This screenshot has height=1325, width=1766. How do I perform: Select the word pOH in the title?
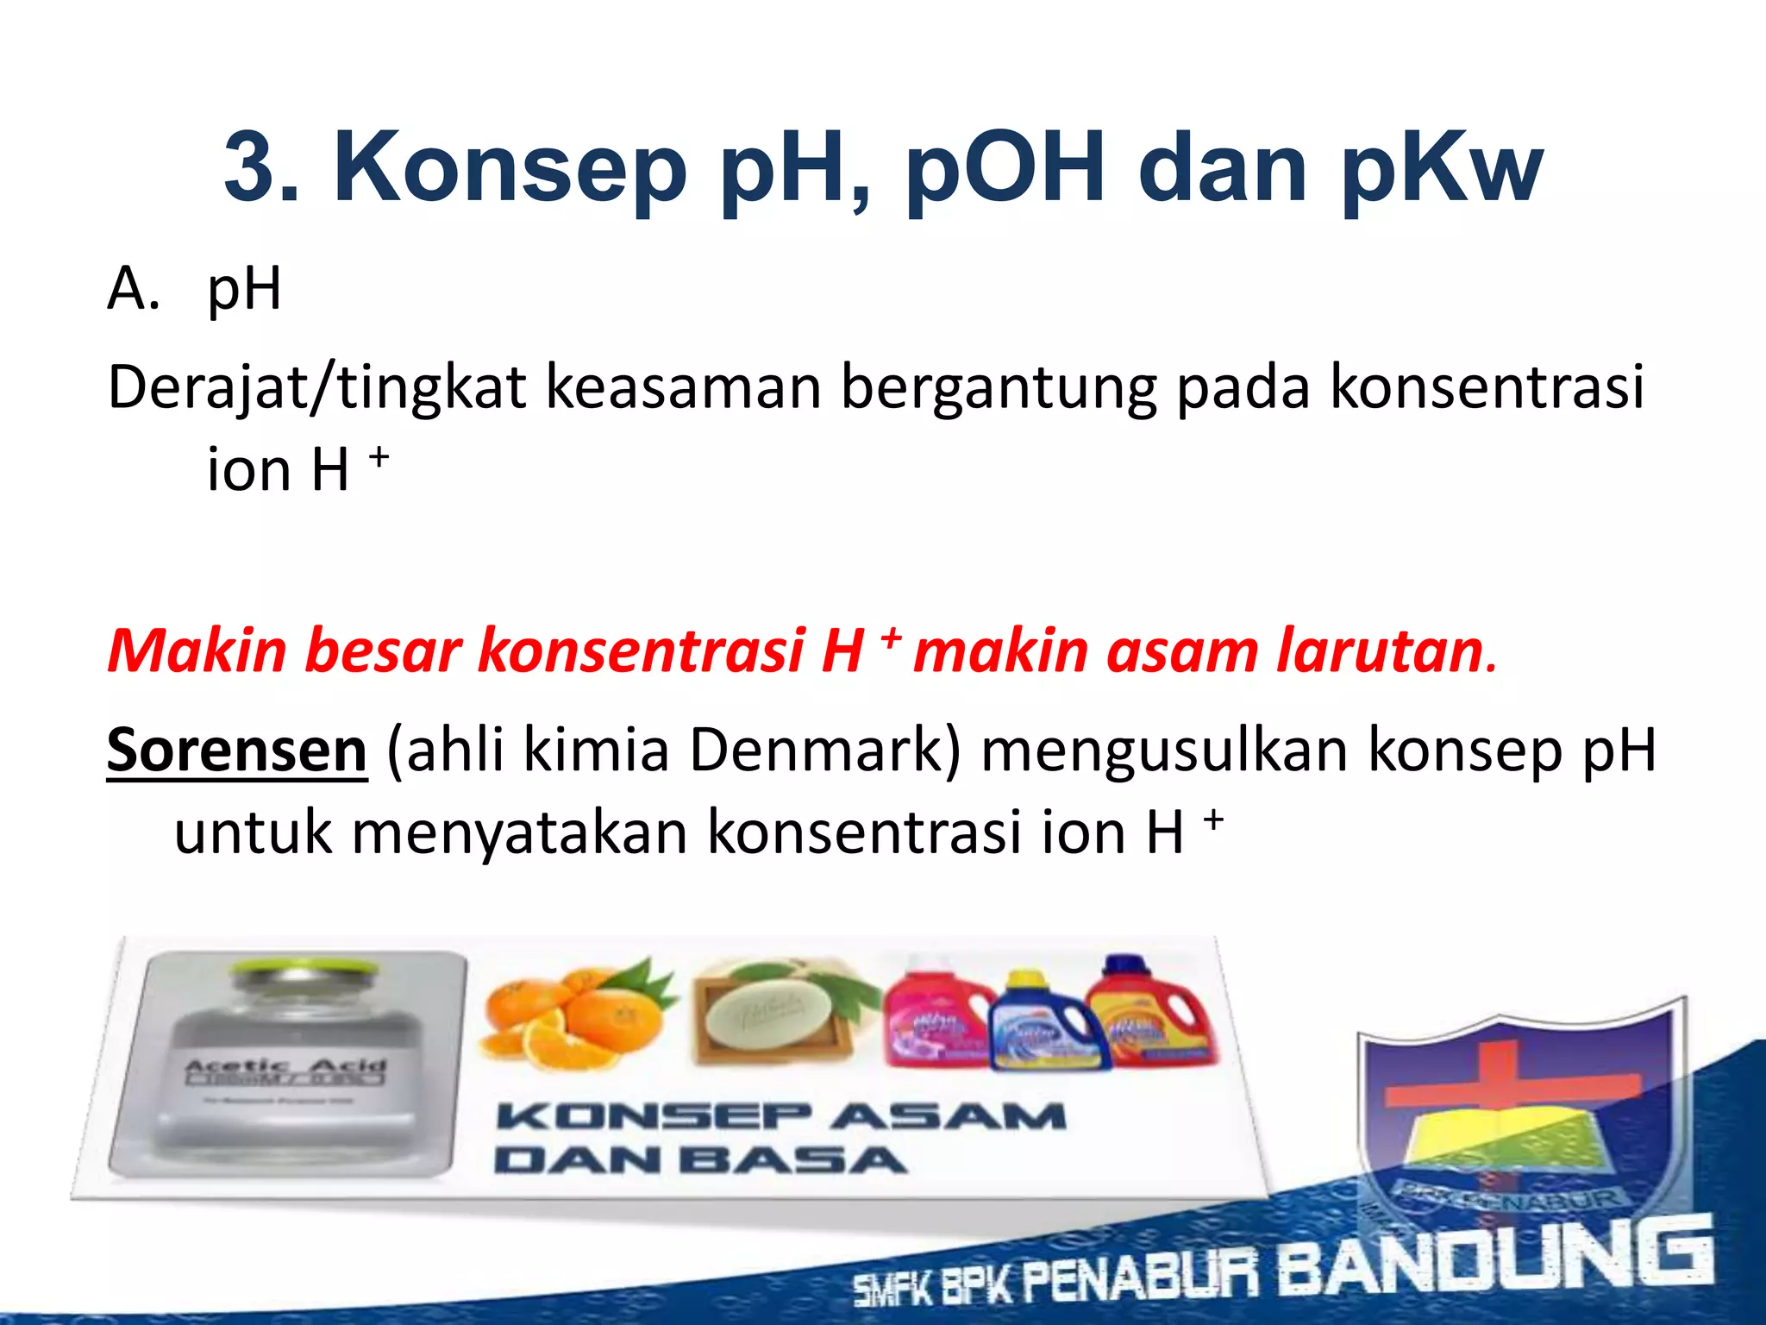1005,168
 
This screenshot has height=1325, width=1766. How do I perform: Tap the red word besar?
384,650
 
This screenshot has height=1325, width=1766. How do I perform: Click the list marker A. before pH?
134,289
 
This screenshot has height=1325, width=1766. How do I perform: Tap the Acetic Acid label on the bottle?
285,1069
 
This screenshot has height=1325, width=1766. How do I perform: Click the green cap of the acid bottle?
303,971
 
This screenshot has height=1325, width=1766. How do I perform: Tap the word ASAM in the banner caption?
949,1117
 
